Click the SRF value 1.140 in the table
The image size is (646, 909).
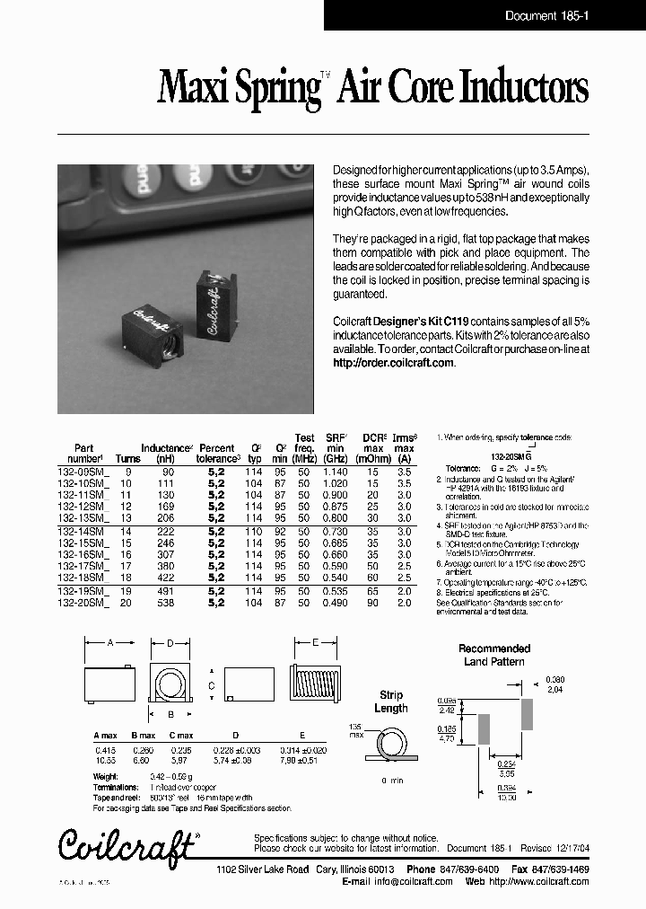(335, 472)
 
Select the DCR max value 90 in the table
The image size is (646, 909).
(373, 603)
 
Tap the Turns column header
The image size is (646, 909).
(128, 459)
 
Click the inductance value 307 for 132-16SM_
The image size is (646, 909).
(166, 555)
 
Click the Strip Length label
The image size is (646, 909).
(390, 702)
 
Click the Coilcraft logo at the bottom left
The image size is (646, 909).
(127, 845)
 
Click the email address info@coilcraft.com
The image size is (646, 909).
(414, 881)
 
